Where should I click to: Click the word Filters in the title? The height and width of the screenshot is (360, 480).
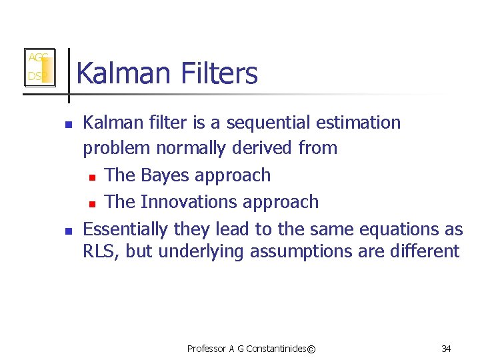[214, 73]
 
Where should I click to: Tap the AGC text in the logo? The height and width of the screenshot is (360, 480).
[36, 58]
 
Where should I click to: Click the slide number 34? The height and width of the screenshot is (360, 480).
[446, 348]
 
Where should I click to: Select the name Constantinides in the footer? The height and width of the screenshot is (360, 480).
[278, 348]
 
